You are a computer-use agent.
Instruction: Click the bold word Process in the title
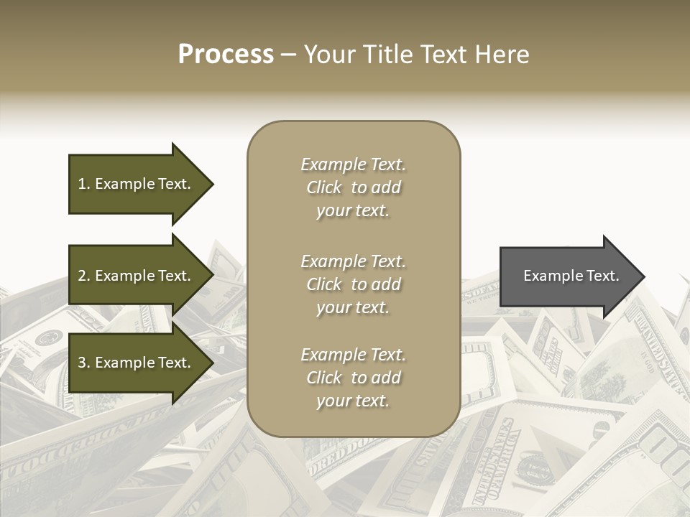pyautogui.click(x=226, y=55)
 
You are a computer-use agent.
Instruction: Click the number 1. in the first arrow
pyautogui.click(x=84, y=184)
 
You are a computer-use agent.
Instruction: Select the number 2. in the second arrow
pyautogui.click(x=84, y=276)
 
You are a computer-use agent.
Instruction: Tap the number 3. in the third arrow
pyautogui.click(x=84, y=363)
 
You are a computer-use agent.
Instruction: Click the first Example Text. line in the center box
pyautogui.click(x=353, y=164)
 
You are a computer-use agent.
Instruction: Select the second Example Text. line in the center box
pyautogui.click(x=353, y=261)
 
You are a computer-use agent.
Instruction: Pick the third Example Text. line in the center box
pyautogui.click(x=353, y=355)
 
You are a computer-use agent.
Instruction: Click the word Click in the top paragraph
pyautogui.click(x=323, y=187)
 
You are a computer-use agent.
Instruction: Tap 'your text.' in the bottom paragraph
pyautogui.click(x=353, y=401)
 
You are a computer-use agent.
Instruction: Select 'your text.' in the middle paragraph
pyautogui.click(x=353, y=307)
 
